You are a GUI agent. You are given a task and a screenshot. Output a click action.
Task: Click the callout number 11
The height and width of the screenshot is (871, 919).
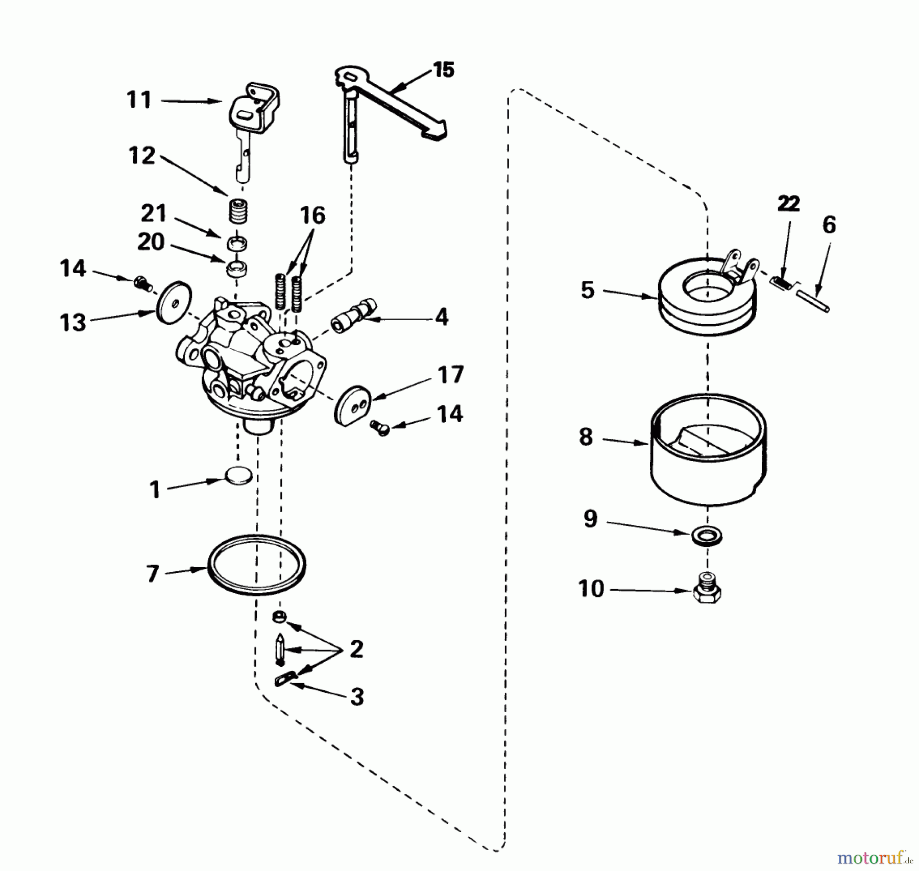click(x=139, y=100)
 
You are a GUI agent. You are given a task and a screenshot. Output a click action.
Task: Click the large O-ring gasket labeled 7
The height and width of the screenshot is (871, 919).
click(x=257, y=565)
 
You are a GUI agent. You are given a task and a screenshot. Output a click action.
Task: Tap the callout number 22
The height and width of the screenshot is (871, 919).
click(x=788, y=204)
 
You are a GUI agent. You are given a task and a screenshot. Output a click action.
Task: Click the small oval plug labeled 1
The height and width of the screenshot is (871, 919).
click(x=238, y=476)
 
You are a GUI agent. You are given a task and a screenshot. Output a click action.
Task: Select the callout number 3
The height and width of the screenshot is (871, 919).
click(x=357, y=696)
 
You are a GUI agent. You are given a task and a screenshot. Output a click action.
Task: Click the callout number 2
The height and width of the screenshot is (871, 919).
click(x=356, y=649)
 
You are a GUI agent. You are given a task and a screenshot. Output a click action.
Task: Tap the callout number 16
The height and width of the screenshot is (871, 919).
click(x=312, y=215)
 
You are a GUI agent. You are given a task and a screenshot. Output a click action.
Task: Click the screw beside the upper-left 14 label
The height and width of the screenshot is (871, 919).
click(x=142, y=283)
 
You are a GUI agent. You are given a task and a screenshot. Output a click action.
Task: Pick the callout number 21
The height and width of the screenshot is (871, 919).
click(x=154, y=213)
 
